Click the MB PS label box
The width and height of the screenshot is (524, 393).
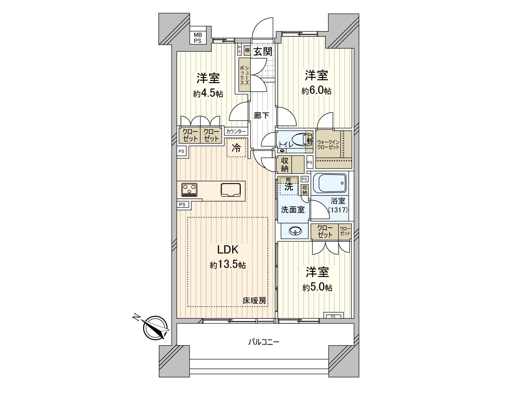tap(198, 38)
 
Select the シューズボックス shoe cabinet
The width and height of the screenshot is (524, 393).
tap(244, 75)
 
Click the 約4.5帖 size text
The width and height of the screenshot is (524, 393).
tap(208, 94)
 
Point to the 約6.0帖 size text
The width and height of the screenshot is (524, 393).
tap(316, 91)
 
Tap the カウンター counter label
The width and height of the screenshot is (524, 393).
tap(236, 131)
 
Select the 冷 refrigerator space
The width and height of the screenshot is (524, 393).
tap(236, 148)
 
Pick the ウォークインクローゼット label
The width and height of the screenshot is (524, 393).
tap(328, 144)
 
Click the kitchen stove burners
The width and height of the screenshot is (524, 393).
tap(190, 189)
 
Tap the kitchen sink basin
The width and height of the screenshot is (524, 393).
tap(231, 189)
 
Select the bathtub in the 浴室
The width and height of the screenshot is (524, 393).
tap(329, 183)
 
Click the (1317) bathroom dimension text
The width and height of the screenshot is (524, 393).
tap(338, 210)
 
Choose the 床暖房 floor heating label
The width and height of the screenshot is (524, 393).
tap(254, 300)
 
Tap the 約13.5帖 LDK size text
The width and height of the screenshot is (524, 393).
tap(228, 265)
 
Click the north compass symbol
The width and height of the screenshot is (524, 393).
tap(155, 328)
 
